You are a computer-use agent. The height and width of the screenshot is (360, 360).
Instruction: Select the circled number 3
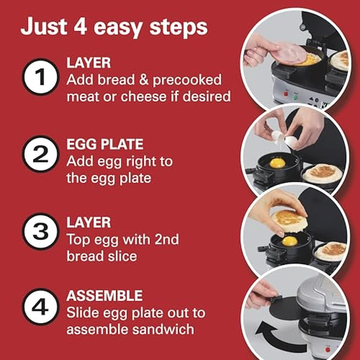(x=41, y=231)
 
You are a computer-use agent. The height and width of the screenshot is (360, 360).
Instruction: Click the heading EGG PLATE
(x=105, y=144)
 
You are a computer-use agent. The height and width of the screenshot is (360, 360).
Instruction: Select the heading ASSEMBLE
(x=104, y=296)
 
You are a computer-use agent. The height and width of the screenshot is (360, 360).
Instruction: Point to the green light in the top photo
(x=296, y=95)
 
